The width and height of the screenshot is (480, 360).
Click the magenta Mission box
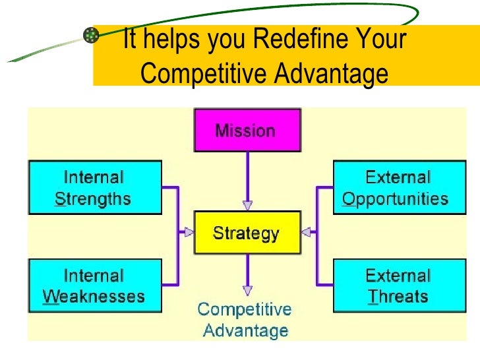click(x=247, y=131)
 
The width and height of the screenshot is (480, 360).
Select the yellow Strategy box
click(x=247, y=233)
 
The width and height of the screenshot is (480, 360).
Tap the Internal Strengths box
click(x=94, y=189)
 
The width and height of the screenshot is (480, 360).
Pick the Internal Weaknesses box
click(x=94, y=285)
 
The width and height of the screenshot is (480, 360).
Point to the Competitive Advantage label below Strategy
click(x=245, y=320)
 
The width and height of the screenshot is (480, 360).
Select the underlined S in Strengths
click(x=59, y=199)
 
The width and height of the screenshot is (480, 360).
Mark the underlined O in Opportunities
click(x=349, y=199)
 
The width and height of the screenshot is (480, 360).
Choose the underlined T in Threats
click(x=373, y=297)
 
